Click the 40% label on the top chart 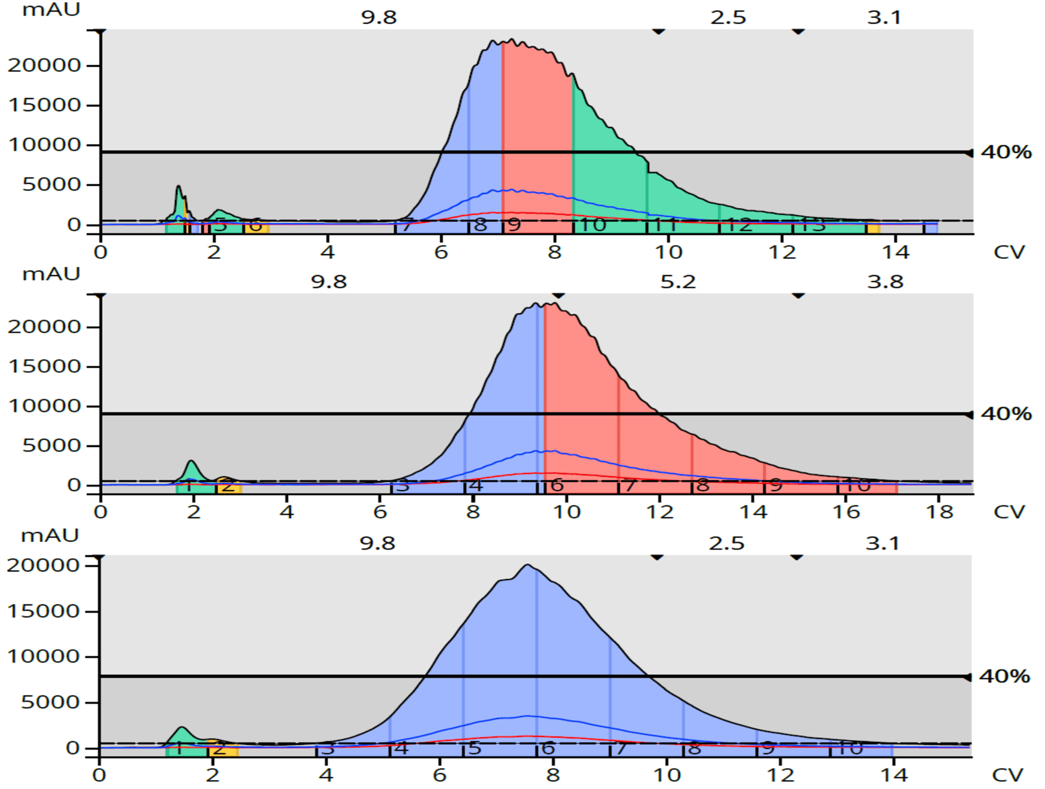1006,152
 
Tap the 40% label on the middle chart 1006,414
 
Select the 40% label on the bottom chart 1004,676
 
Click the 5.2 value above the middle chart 678,282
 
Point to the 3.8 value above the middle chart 885,282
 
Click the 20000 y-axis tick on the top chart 44,65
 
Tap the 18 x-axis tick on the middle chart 939,512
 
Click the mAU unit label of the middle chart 51,274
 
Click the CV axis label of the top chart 1009,252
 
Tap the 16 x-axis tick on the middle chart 846,512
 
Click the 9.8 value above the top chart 378,17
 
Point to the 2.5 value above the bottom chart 726,543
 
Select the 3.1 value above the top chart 884,17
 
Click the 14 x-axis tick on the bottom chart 894,775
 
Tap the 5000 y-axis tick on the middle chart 51,445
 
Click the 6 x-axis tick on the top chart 441,252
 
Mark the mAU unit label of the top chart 51,10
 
